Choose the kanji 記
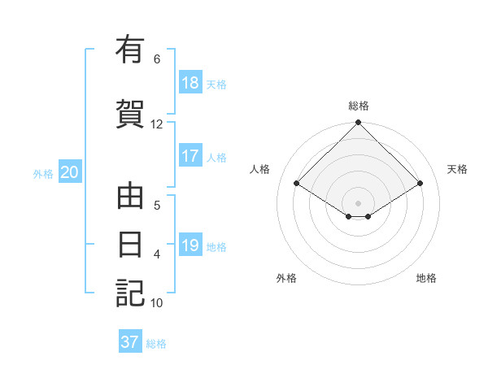[130, 293]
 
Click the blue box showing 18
[190, 83]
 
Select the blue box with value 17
[190, 157]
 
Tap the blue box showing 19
[190, 246]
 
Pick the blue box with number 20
[70, 172]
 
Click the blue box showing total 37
[130, 342]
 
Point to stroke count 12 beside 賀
[157, 124]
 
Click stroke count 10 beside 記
[157, 303]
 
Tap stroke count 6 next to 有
[157, 59]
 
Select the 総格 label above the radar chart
[359, 106]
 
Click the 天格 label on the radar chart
[457, 169]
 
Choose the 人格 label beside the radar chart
[260, 169]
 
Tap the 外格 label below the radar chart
[286, 278]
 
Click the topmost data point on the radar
[359, 123]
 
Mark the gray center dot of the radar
[359, 202]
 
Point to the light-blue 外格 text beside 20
[43, 173]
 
